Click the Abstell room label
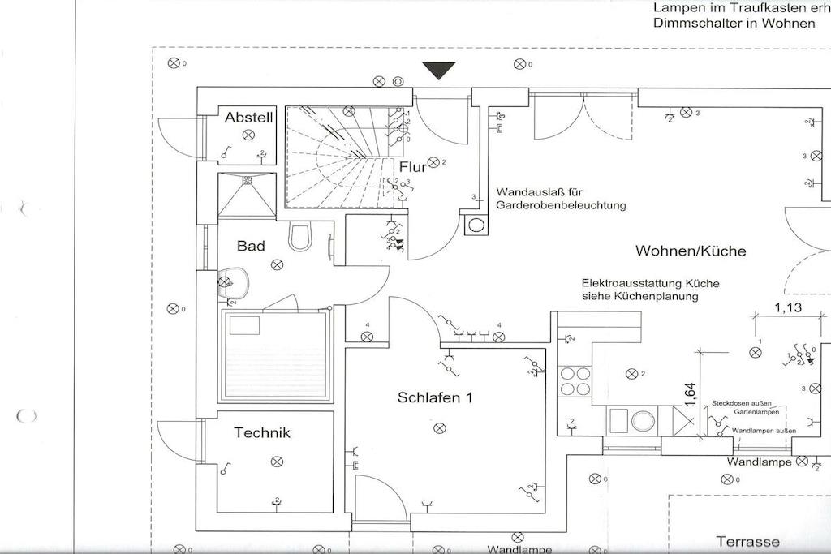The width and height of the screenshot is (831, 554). pos(249,118)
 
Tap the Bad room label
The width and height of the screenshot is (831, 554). pos(251,246)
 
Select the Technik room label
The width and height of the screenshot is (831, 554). pos(262,432)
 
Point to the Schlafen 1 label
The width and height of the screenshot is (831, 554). pos(435,397)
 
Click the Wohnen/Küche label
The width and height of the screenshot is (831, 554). pos(691,251)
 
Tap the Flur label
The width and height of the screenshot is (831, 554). pos(413,168)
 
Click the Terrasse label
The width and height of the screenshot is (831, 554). pos(747,542)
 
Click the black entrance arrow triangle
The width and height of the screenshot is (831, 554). pos(439,71)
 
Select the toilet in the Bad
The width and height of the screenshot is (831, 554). pos(301,236)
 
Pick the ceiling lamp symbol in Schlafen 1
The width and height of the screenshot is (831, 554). pos(440,427)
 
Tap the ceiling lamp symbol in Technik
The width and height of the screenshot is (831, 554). pos(277,461)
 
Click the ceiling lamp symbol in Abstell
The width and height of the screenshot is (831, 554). pos(248,135)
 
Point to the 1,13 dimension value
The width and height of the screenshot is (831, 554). pos(788,307)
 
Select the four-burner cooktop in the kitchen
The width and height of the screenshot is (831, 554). pos(575,381)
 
